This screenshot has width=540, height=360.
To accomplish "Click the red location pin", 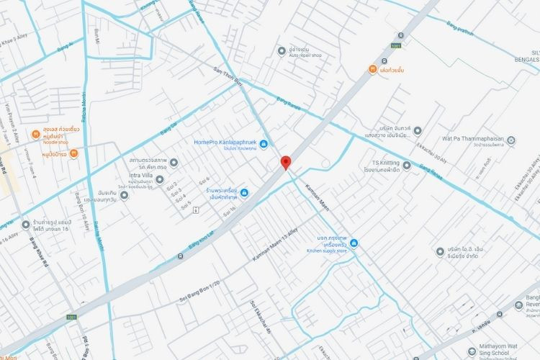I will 285,163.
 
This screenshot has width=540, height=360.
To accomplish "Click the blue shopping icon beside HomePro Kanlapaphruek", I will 264,144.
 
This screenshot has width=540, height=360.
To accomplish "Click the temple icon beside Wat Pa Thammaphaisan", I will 511,140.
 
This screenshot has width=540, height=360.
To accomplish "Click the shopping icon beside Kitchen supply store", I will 354,243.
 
